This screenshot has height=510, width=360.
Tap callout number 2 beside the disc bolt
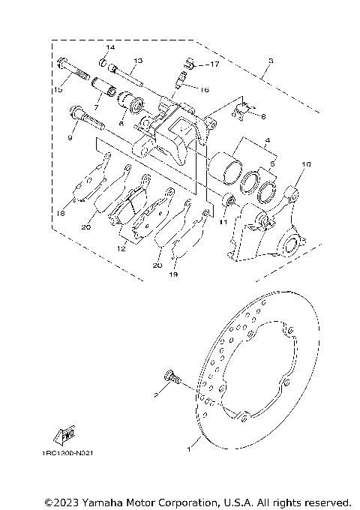pyautogui.click(x=156, y=393)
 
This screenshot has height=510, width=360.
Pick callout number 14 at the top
pyautogui.click(x=109, y=48)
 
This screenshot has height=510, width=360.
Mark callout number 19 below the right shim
pyautogui.click(x=173, y=275)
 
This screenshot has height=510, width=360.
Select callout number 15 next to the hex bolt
pyautogui.click(x=58, y=90)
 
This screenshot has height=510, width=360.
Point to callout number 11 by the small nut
pyautogui.click(x=223, y=222)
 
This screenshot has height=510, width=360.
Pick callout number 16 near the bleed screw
pyautogui.click(x=203, y=88)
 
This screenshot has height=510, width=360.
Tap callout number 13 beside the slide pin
pyautogui.click(x=137, y=60)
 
